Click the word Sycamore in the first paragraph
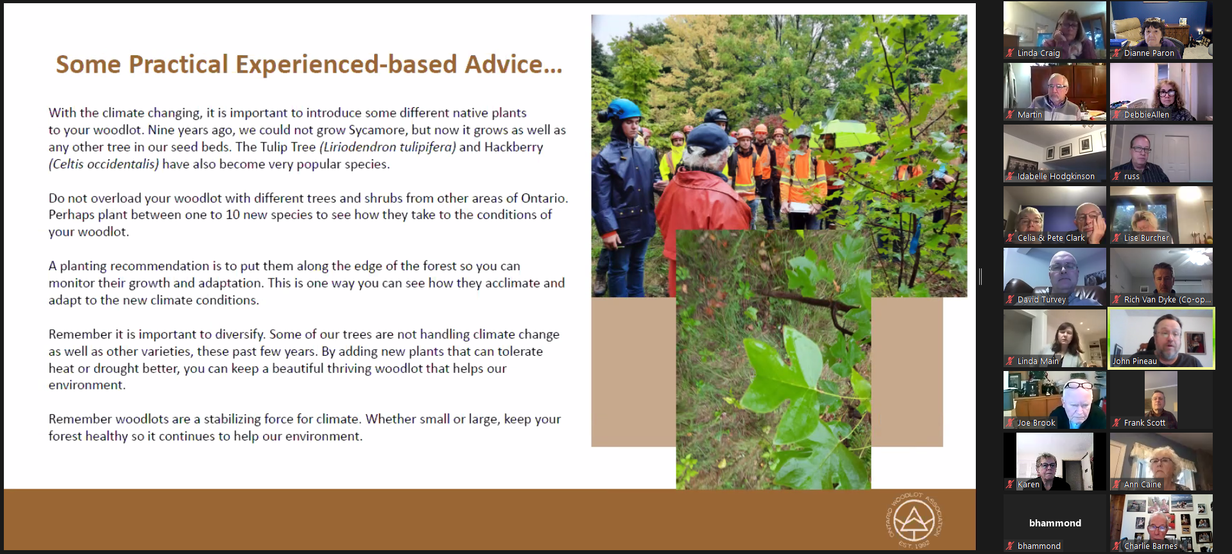(378, 130)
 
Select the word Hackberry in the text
(513, 147)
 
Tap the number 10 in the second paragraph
(233, 214)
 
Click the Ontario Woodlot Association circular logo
(914, 520)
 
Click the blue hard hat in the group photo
(622, 110)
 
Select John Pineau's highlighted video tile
(1161, 338)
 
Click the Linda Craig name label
(1038, 53)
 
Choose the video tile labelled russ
(1161, 153)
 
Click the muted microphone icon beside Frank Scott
(1117, 422)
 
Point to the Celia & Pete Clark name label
(1051, 238)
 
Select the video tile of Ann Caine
(1161, 462)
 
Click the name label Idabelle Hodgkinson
(1056, 177)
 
